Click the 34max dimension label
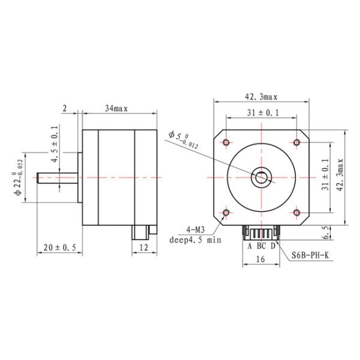tap(116, 109)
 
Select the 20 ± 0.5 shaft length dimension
tap(59, 247)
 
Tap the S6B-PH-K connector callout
tap(310, 255)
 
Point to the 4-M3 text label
tap(196, 229)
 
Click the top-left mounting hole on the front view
tap(226, 142)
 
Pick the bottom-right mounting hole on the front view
tap(296, 213)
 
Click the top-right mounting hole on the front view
tap(296, 142)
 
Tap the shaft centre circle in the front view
tap(261, 178)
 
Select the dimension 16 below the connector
tap(260, 259)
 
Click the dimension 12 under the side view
tap(144, 247)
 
